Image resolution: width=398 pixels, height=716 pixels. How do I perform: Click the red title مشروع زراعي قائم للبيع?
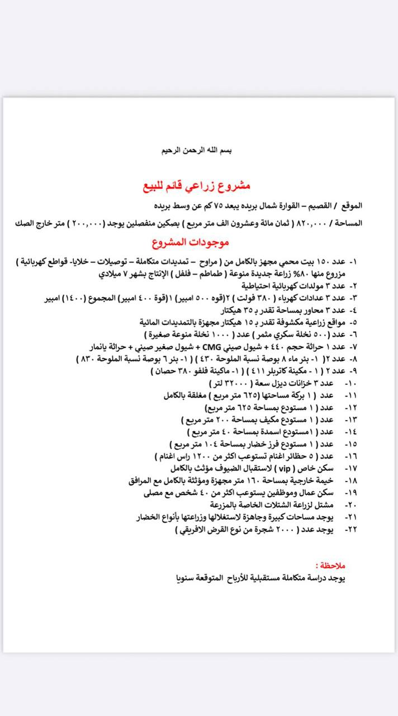pyautogui.click(x=199, y=185)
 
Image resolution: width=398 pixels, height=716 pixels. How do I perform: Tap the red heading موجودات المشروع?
pyautogui.click(x=191, y=243)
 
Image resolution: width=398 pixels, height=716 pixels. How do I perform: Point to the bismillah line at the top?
pyautogui.click(x=200, y=150)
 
